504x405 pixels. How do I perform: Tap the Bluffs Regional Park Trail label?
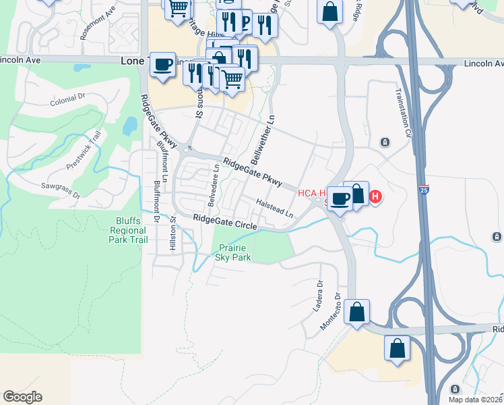click(x=129, y=230)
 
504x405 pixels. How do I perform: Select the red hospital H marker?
click(x=376, y=197)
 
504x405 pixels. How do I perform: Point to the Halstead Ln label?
click(x=275, y=207)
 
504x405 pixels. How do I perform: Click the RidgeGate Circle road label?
click(x=225, y=221)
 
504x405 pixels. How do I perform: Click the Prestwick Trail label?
click(x=84, y=150)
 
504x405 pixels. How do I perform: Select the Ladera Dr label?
click(x=319, y=292)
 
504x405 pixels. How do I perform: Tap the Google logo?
click(x=22, y=397)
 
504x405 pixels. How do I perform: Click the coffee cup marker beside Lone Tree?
click(x=162, y=65)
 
